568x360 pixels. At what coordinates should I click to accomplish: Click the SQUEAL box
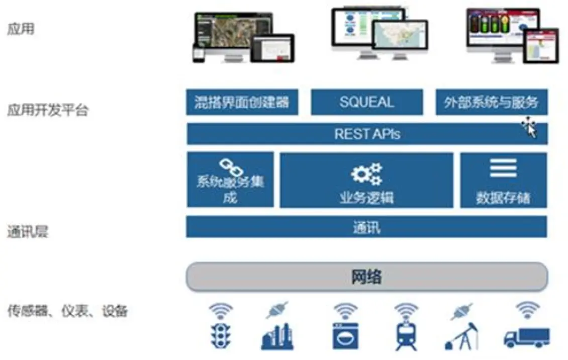point(366,102)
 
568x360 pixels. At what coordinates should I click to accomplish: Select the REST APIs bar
point(367,134)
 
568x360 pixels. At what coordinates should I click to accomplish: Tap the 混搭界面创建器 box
point(242,102)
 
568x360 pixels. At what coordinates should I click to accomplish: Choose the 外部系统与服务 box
point(492,102)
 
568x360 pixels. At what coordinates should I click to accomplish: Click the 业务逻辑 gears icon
point(366,174)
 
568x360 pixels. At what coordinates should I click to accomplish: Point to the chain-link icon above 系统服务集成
point(231,167)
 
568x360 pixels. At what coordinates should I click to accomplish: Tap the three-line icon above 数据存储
point(503,168)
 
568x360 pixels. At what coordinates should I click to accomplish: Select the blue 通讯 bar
point(366,227)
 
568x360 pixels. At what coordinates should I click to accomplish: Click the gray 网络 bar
point(367,277)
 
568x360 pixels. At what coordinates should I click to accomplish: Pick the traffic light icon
point(221,336)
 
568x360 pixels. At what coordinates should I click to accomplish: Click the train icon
point(406,335)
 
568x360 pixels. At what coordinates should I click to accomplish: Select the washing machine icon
point(346,336)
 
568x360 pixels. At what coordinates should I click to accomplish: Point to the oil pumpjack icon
point(462,336)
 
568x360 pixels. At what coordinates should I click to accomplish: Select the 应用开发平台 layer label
point(48,110)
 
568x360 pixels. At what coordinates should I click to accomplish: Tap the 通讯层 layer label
point(28,231)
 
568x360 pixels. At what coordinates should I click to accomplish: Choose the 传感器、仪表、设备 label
point(68,311)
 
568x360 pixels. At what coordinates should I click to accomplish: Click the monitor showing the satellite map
point(234,34)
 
